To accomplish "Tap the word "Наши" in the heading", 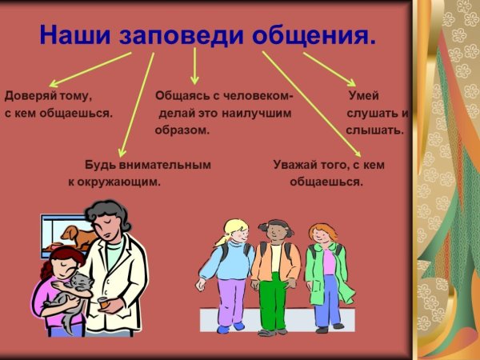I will point(78,35).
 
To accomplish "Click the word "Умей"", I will point(363,96).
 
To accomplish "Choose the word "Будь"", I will point(100,165).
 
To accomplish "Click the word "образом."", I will point(182,129).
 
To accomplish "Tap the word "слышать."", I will point(375,129).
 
